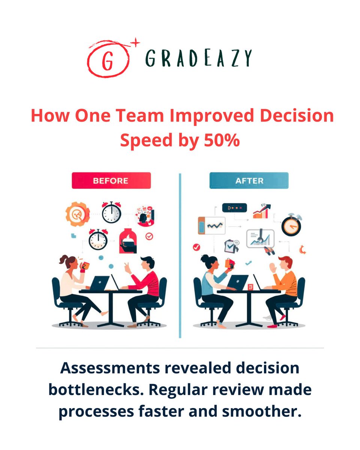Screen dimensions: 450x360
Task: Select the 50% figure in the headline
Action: (221, 140)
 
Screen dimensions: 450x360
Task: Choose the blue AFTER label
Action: (249, 180)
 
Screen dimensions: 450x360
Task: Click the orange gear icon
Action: (77, 214)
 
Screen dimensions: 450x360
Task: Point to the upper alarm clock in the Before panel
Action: (111, 212)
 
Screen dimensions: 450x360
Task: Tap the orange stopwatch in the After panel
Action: (291, 225)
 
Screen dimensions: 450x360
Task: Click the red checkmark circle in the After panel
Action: (196, 247)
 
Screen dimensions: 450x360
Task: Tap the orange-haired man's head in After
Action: (285, 263)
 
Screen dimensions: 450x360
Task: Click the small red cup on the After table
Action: (250, 287)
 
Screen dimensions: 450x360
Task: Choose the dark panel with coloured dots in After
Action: (234, 207)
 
